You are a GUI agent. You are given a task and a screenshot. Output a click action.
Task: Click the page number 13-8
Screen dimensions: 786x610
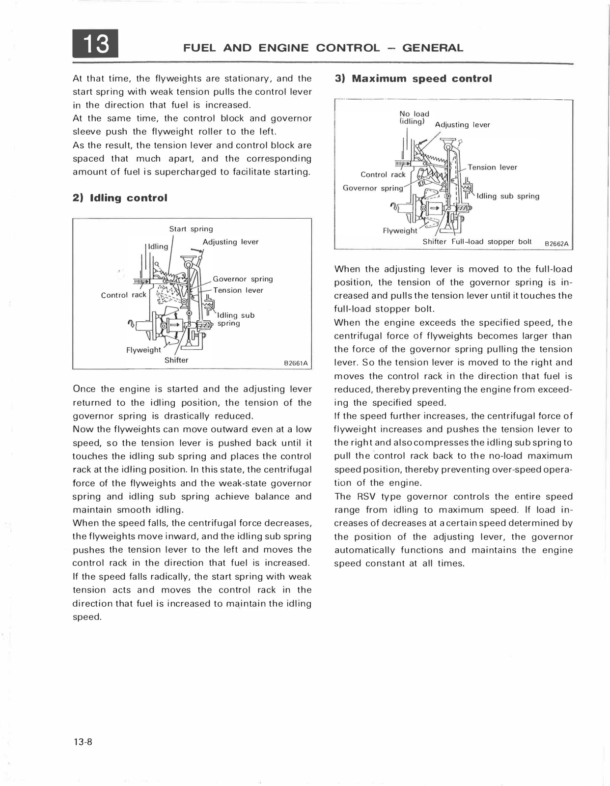tap(83, 742)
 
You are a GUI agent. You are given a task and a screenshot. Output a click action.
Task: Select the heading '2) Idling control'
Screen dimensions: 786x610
tap(120, 198)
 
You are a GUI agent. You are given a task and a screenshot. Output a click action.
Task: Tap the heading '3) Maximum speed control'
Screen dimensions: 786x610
tap(413, 79)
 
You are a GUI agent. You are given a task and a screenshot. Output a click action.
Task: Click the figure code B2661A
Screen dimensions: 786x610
tap(296, 364)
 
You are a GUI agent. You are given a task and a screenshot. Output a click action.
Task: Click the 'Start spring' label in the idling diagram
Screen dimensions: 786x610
tap(191, 229)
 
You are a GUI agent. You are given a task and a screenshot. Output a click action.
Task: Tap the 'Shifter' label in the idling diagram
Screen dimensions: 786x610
tap(176, 360)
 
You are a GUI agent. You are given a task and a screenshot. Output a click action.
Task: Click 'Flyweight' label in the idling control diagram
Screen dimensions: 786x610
tap(143, 350)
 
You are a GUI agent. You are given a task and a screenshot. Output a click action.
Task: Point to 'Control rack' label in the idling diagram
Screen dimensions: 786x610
tap(124, 295)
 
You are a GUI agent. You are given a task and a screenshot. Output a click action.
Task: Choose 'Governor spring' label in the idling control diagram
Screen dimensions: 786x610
tap(243, 279)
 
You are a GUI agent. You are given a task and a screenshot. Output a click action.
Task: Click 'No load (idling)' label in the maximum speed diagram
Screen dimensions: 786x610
tap(414, 118)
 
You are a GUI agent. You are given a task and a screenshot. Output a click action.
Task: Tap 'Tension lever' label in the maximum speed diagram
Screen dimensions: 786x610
tap(492, 168)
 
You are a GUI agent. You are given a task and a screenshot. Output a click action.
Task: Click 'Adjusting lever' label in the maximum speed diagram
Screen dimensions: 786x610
tap(463, 125)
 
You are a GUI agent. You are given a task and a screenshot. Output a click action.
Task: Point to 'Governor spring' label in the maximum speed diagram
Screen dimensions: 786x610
tap(373, 188)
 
